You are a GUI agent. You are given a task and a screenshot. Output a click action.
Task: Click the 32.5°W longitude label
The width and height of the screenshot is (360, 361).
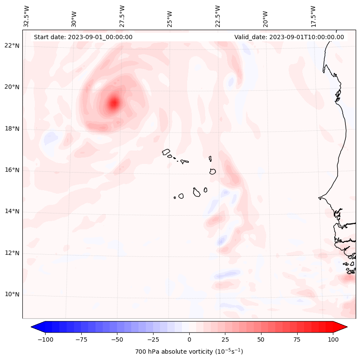pyautogui.click(x=27, y=17)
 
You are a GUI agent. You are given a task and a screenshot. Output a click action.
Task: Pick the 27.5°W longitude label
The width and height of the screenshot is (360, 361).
pyautogui.click(x=122, y=17)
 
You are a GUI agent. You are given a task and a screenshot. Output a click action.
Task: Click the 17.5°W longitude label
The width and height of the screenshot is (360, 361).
pyautogui.click(x=313, y=17)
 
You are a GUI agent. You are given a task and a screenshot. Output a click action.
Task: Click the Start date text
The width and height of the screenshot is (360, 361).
pyautogui.click(x=83, y=37)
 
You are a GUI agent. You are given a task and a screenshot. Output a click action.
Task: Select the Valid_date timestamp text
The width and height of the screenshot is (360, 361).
pyautogui.click(x=289, y=37)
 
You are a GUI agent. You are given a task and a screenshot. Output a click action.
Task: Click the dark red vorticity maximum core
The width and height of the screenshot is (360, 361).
pyautogui.click(x=114, y=103)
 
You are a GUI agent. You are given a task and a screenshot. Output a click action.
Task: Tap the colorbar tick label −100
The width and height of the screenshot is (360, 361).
pyautogui.click(x=45, y=339)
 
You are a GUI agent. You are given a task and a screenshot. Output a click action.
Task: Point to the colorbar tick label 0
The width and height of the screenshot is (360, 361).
pyautogui.click(x=189, y=339)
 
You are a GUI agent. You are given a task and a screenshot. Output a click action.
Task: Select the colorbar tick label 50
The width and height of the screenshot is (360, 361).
pyautogui.click(x=261, y=339)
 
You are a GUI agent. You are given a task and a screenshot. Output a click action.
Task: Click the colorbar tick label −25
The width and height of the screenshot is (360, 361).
pyautogui.click(x=153, y=339)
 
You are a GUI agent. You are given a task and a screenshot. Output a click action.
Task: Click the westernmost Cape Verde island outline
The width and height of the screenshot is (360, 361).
pyautogui.click(x=166, y=152)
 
